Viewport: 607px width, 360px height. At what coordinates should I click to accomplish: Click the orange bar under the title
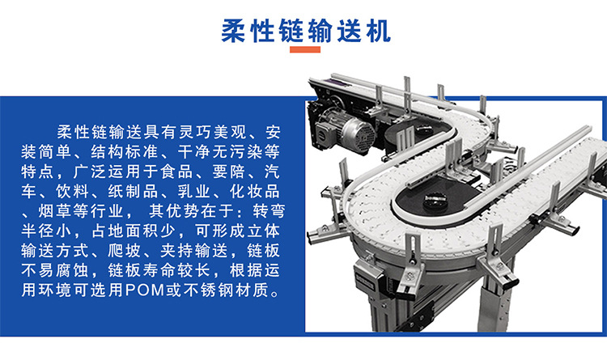(x=305, y=50)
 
